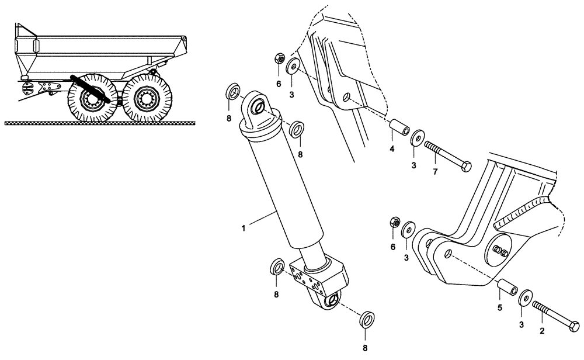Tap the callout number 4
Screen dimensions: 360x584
pyautogui.click(x=392, y=149)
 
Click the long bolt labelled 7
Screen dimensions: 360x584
pyautogui.click(x=449, y=154)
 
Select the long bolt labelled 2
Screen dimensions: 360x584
pyautogui.click(x=555, y=315)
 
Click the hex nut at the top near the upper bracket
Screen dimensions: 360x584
pyautogui.click(x=279, y=58)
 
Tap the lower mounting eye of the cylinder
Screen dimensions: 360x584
pyautogui.click(x=331, y=300)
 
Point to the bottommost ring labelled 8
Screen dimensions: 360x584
pyautogui.click(x=367, y=320)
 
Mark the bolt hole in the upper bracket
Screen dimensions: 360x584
pyautogui.click(x=347, y=96)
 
